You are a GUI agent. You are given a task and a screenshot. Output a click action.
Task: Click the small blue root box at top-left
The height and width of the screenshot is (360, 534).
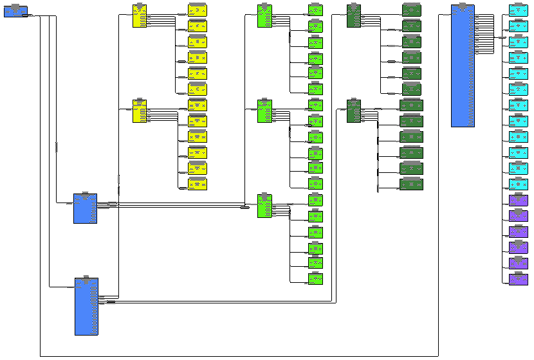(15, 11)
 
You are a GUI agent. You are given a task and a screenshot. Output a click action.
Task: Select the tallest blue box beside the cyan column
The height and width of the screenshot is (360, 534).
(463, 66)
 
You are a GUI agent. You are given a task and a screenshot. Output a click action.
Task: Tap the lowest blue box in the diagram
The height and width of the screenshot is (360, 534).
(86, 307)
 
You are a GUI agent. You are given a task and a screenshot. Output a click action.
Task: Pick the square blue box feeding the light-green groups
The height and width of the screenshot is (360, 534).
(85, 208)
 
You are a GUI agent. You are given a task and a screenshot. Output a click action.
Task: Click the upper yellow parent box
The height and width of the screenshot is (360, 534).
(140, 16)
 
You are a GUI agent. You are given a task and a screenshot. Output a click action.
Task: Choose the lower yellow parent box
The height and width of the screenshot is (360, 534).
(140, 111)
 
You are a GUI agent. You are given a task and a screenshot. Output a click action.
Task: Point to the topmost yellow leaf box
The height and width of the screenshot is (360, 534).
(198, 10)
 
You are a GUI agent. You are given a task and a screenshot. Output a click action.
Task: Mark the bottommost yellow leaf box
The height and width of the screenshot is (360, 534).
(198, 184)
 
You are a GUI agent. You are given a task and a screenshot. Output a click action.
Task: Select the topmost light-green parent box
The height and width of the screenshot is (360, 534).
(264, 16)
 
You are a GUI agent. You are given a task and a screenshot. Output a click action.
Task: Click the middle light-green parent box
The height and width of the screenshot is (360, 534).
(264, 111)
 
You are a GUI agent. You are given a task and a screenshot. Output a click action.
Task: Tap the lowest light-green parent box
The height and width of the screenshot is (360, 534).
(264, 206)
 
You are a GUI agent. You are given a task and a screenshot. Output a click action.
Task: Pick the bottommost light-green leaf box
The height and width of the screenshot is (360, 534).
(315, 278)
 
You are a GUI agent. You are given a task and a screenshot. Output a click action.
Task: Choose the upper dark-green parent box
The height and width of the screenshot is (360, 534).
(353, 16)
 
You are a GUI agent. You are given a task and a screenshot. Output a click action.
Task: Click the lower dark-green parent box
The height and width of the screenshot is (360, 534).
(353, 111)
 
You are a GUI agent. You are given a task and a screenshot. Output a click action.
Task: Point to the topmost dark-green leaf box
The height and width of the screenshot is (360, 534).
(412, 10)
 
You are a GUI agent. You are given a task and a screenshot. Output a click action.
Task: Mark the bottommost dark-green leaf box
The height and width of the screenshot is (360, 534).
(411, 184)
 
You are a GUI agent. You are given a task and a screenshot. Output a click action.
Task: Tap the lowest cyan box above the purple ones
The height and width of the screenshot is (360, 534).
(518, 184)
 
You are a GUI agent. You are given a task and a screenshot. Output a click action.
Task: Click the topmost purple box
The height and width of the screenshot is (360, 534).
(518, 200)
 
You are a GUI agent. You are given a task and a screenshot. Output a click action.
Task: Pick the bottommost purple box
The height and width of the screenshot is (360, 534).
(518, 279)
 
